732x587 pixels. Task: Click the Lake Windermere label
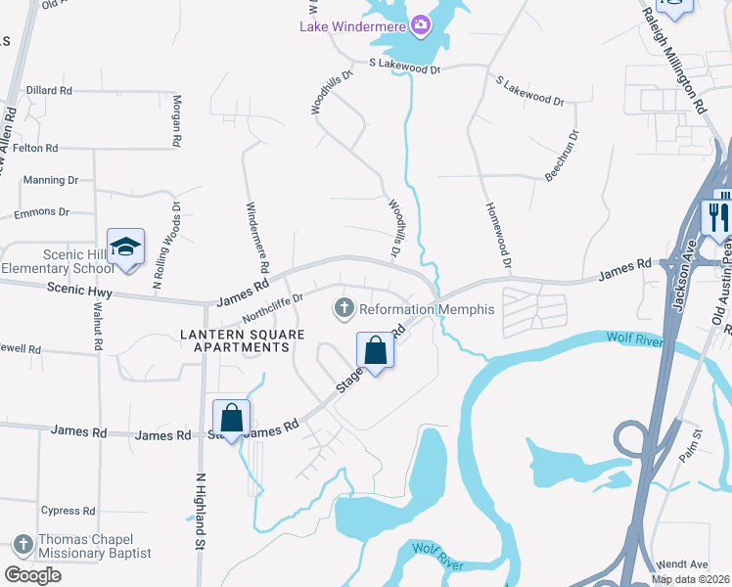pos(353,25)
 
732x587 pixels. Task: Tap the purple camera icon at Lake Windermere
pos(421,24)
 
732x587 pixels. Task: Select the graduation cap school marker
pos(126,247)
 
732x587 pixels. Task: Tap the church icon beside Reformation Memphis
pos(343,309)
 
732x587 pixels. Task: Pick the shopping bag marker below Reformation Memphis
pos(376,349)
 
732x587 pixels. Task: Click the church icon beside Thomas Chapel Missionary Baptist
pos(23,544)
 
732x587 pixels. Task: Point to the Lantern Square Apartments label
pos(234,340)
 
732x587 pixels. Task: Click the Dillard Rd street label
pos(50,90)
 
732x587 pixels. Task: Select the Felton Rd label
pos(35,148)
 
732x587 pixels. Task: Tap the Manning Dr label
pos(51,180)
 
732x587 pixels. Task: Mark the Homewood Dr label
pos(498,237)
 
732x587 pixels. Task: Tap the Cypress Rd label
pos(68,511)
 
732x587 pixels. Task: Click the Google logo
pos(32,575)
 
